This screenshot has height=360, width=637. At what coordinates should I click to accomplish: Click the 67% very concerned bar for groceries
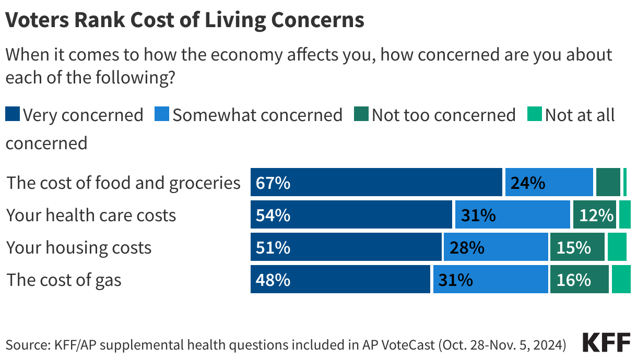(376, 183)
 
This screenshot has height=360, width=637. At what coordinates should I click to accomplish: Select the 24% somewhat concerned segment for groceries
(549, 183)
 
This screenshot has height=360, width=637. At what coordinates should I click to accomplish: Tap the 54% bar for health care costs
(351, 215)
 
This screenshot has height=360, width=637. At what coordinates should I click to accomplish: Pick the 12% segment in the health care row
(595, 215)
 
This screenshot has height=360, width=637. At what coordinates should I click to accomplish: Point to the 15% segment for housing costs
(577, 247)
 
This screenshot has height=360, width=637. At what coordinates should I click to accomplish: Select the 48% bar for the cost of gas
(340, 280)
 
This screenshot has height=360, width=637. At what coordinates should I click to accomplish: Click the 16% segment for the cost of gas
(579, 280)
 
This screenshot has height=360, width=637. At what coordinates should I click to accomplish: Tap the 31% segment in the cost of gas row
(490, 280)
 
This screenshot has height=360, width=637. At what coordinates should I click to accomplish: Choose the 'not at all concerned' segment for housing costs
(617, 247)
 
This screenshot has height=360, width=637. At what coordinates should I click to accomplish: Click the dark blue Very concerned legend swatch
(13, 114)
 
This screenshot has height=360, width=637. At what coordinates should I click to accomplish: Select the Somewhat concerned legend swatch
(162, 114)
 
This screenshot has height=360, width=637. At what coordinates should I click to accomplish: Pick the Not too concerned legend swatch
(361, 114)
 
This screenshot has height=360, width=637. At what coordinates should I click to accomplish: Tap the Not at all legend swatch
(535, 114)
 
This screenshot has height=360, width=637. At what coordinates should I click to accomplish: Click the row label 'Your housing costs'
(79, 247)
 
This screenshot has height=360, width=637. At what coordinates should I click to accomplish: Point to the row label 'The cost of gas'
(64, 280)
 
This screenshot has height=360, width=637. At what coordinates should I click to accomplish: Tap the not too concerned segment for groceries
(608, 183)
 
